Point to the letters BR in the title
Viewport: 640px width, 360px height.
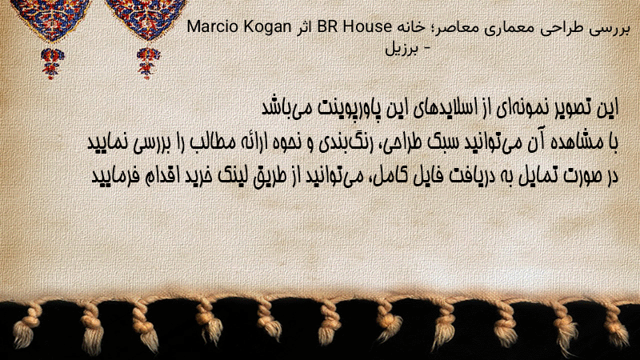tap(327, 26)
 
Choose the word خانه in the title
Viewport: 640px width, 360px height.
tap(410, 27)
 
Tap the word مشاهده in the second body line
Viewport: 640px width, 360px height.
tap(567, 142)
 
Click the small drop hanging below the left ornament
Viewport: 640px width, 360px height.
tap(52, 63)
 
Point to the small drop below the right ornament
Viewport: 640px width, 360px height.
tap(148, 62)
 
